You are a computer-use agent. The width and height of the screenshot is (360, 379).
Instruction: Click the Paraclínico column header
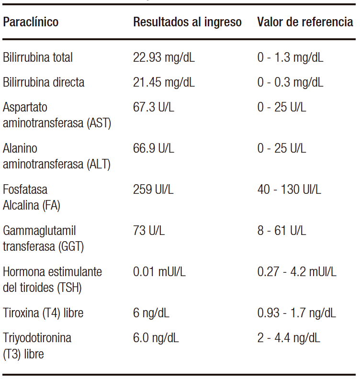pos(31,22)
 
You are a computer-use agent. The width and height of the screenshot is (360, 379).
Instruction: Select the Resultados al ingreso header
pos(187,22)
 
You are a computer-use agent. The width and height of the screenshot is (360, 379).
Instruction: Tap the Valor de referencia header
pos(305,22)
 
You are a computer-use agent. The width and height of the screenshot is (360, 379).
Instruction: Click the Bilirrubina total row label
pos(38,58)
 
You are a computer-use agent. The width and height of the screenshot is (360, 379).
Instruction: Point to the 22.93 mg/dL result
pos(164,58)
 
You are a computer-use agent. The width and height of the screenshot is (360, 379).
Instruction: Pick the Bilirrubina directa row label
pos(44,82)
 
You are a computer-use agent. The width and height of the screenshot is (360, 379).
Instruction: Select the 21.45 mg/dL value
pos(164,82)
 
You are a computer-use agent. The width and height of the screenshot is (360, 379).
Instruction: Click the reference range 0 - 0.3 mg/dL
pos(290,82)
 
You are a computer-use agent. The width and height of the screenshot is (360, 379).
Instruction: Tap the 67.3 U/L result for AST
pos(154,107)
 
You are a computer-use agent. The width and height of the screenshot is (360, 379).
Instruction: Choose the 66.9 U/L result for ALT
pos(154,148)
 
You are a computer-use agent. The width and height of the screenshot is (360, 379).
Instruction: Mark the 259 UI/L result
pos(153,189)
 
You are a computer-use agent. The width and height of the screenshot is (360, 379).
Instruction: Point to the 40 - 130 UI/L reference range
pos(289,189)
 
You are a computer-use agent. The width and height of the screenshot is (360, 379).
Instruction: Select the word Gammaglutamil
pos(39,231)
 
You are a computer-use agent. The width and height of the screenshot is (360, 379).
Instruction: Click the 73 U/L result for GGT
pos(149,231)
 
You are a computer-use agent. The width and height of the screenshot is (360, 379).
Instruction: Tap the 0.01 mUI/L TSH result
pos(159,272)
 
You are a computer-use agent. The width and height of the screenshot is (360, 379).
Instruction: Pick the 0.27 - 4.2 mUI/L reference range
pos(297,272)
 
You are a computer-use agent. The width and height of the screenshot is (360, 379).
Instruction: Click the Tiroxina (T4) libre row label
pos(43,313)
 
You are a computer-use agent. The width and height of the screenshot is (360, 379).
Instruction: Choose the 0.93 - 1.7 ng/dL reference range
pos(296,313)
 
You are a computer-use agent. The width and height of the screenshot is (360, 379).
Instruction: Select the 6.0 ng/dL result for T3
pos(156,338)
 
